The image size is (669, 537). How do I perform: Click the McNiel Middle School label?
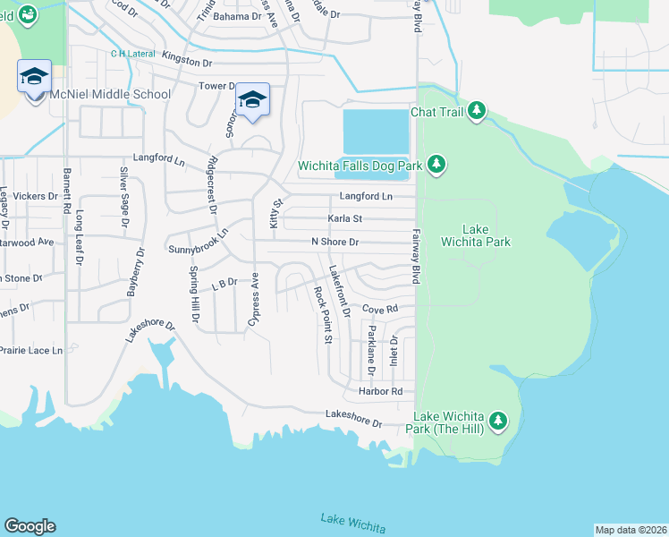(x=109, y=94)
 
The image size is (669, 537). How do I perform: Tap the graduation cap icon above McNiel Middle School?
(x=34, y=77)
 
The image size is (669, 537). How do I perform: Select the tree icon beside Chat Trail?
(x=478, y=111)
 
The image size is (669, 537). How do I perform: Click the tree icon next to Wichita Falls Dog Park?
(x=436, y=164)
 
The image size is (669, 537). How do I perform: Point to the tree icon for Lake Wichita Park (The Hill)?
(x=498, y=420)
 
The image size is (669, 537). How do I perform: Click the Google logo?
(x=30, y=526)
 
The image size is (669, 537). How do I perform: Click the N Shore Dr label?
(x=334, y=242)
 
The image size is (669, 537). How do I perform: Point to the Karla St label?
(x=344, y=218)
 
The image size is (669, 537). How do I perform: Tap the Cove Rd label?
(x=379, y=309)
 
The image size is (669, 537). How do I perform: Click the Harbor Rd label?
(x=380, y=392)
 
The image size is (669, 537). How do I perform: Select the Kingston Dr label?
(x=187, y=63)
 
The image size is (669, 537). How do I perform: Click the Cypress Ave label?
(x=254, y=304)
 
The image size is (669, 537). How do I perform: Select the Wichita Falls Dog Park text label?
(x=361, y=166)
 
